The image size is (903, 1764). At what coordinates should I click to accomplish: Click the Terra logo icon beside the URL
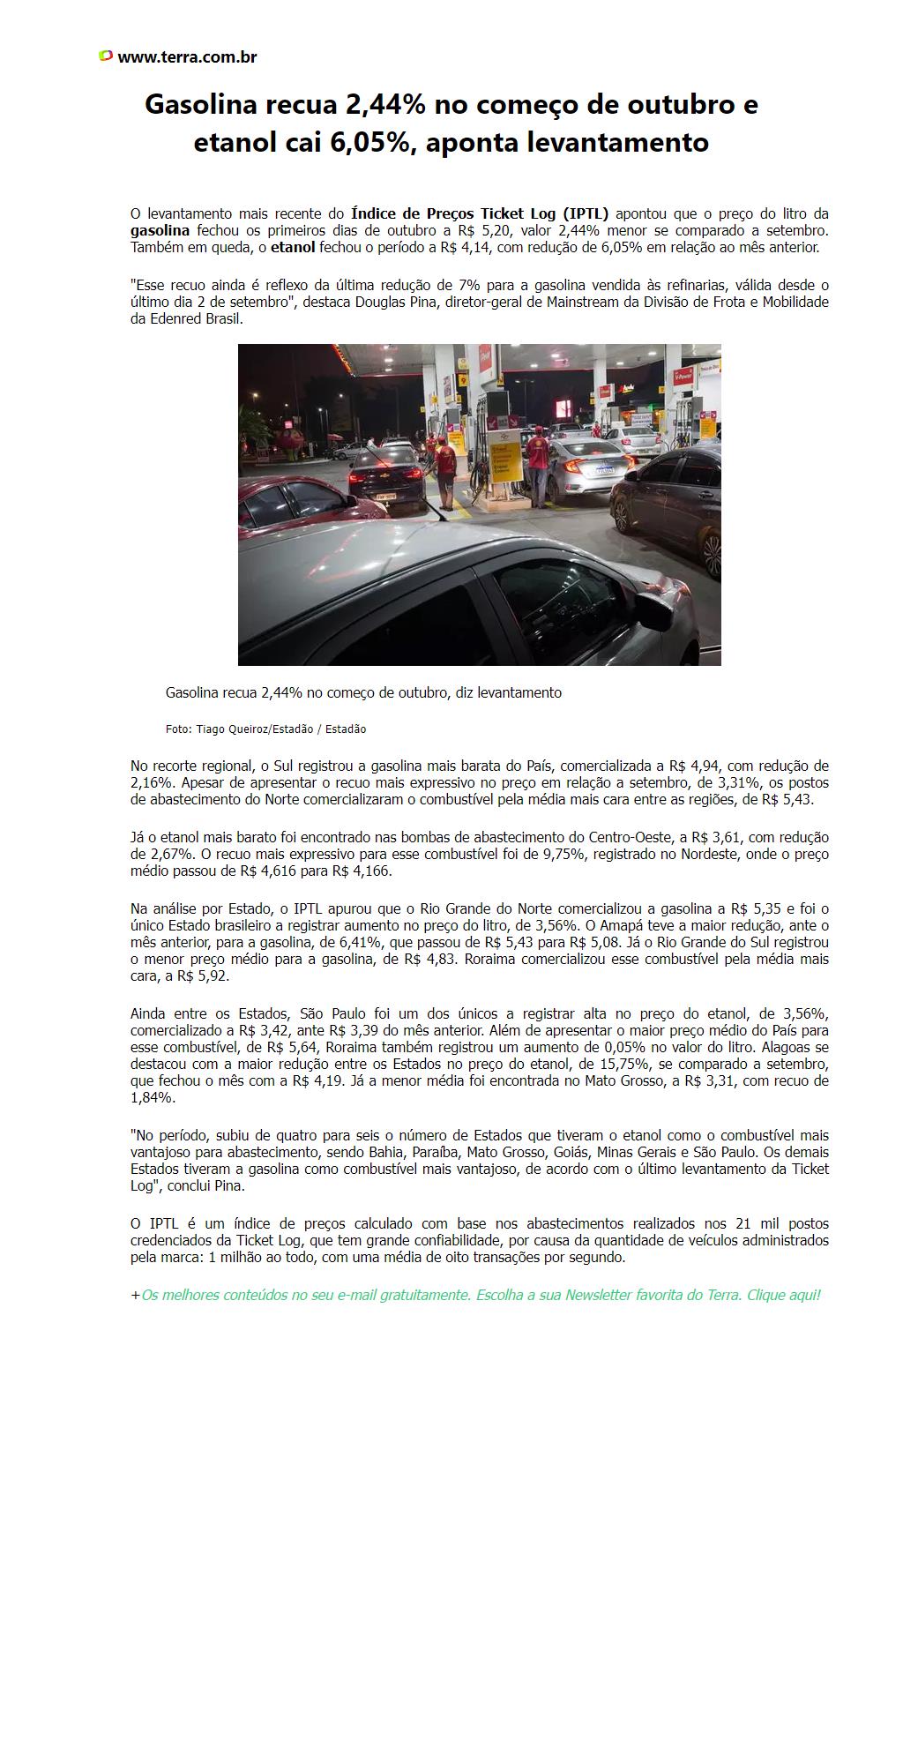click(106, 56)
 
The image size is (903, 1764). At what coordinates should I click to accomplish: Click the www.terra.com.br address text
click(187, 57)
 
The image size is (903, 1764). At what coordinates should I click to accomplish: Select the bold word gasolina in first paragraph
click(160, 230)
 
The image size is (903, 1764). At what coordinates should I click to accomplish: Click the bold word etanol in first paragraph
click(293, 247)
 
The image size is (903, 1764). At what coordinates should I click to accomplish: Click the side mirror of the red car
click(352, 500)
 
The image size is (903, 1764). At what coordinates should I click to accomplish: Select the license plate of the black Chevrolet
click(385, 497)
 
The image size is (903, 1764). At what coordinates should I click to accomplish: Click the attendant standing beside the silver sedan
click(538, 467)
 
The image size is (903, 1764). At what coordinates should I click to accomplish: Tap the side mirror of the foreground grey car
click(653, 612)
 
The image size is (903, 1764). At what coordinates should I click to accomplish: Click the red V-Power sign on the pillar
click(683, 377)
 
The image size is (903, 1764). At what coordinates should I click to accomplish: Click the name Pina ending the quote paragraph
click(229, 1186)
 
